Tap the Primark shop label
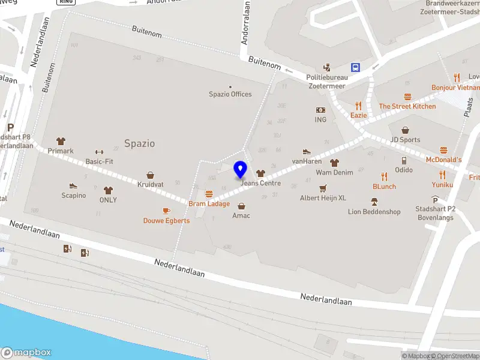61,151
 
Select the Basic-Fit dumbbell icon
99,152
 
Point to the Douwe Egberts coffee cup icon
166,211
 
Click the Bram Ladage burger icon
209,194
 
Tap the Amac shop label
241,215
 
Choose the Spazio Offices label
230,94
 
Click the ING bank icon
320,110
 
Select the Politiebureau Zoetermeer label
326,82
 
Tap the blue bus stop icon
355,67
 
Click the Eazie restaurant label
359,115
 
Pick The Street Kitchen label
407,106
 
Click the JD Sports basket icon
405,130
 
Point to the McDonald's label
443,160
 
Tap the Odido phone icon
404,160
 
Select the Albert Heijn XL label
323,198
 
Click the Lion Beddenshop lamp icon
374,202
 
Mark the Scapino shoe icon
73,186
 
